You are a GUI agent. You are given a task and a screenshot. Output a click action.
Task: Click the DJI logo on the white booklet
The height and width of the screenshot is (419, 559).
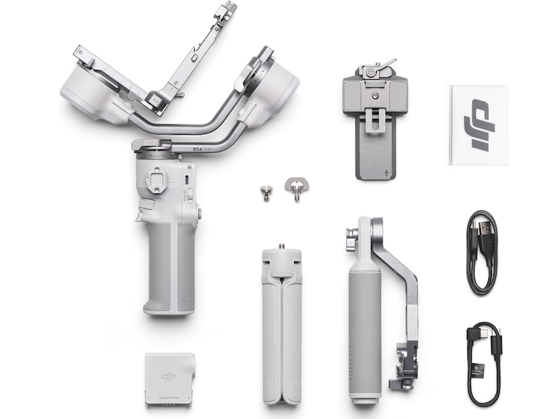(479, 124)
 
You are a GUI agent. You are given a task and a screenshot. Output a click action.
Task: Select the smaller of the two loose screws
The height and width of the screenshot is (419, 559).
(265, 192)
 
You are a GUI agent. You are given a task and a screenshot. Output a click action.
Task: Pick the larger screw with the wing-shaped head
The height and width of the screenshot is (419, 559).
(296, 187)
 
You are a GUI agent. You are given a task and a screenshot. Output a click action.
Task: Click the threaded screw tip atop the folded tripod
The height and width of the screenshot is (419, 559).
(282, 247)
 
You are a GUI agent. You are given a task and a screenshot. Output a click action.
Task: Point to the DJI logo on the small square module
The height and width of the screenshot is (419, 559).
(168, 377)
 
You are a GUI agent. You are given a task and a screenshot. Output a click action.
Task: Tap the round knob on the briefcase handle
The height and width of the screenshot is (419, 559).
(350, 245)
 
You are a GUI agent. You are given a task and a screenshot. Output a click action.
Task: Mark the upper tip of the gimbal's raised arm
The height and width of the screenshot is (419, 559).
(226, 8)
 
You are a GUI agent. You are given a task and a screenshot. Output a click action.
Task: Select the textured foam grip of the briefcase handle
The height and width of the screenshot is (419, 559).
(365, 321)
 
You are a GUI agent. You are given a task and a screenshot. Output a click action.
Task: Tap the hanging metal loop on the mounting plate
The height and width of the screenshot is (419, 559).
(375, 120)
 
